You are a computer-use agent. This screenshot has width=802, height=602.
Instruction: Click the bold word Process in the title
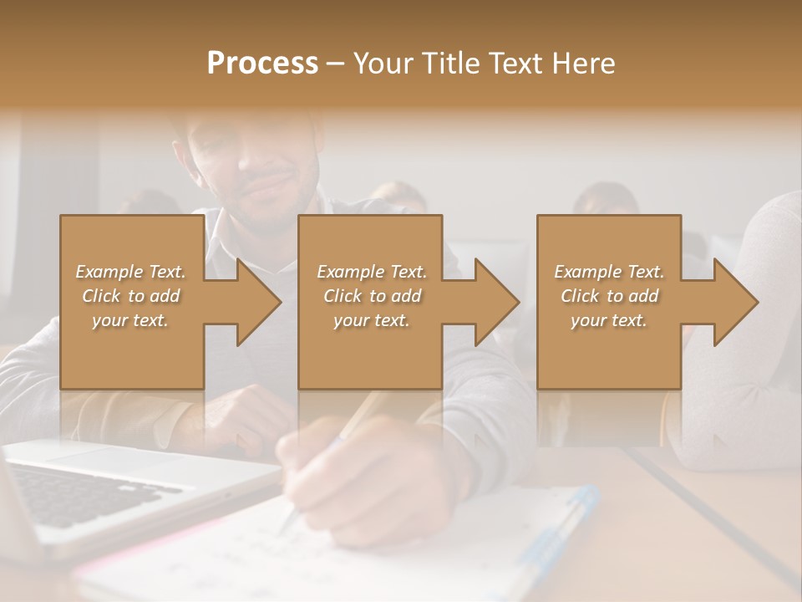[262, 64]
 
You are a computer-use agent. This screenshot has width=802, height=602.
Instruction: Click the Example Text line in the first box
[131, 272]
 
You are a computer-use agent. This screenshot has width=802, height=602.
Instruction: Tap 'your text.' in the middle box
[371, 320]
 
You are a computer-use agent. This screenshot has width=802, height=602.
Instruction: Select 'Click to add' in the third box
[610, 296]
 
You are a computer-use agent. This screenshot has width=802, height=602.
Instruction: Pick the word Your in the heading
[382, 64]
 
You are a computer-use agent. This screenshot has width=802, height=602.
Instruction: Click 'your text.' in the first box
[130, 320]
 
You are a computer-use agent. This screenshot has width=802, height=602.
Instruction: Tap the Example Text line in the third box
[609, 272]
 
